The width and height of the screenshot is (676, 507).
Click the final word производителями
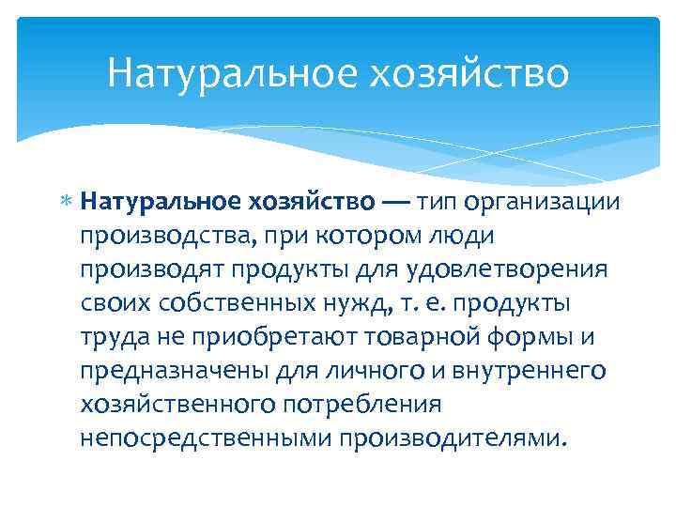click(x=454, y=437)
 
